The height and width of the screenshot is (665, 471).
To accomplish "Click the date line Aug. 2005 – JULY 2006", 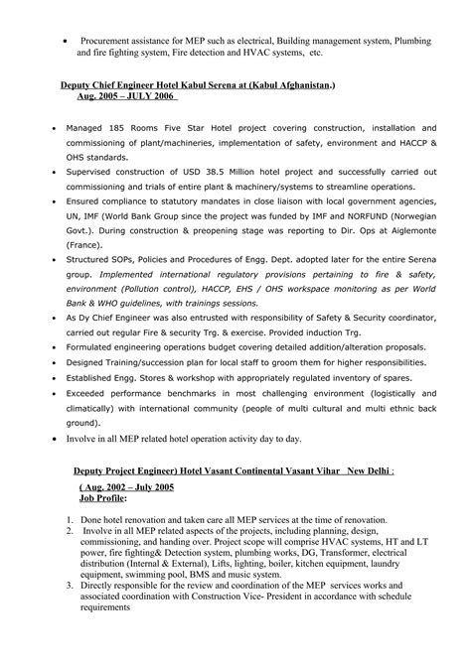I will (x=129, y=98).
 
